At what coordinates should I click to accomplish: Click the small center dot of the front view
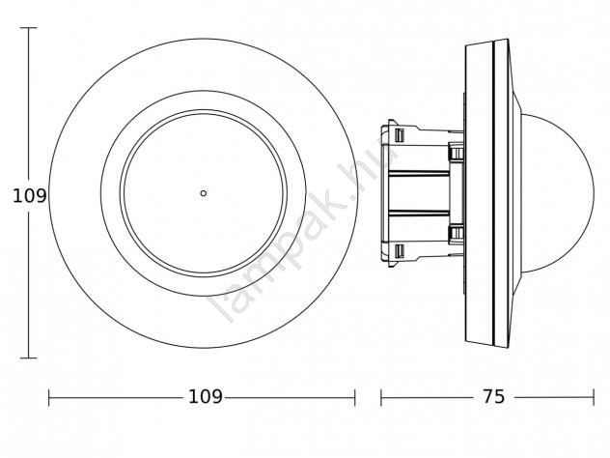tap(203, 193)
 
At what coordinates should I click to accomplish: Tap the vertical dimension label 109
tap(30, 195)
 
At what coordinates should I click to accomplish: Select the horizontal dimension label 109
tap(205, 397)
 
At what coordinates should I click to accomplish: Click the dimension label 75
tap(493, 397)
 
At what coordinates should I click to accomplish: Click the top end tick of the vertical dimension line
tap(28, 28)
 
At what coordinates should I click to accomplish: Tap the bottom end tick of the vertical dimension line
tap(28, 358)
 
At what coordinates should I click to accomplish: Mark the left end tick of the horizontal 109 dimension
tap(48, 398)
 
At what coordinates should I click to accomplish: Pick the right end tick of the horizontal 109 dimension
tap(355, 398)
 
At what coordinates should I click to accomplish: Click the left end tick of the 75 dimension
tap(381, 398)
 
